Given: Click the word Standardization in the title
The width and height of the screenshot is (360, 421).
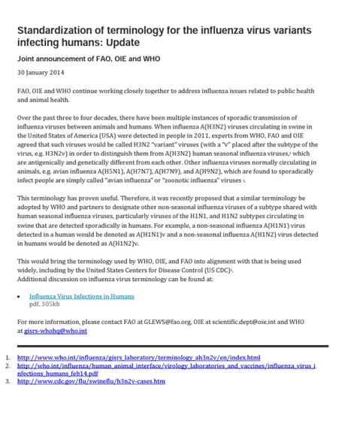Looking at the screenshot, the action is [x=56, y=30].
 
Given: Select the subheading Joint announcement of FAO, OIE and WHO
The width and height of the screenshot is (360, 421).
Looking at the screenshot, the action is [x=89, y=59].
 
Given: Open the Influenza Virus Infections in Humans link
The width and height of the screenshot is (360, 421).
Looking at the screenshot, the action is [x=81, y=296].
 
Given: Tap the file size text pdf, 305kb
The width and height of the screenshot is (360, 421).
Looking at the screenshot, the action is [x=44, y=304].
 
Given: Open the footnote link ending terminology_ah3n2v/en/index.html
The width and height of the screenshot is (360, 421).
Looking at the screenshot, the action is [x=138, y=358].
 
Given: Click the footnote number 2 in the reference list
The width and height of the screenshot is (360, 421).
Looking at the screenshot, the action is [x=8, y=366].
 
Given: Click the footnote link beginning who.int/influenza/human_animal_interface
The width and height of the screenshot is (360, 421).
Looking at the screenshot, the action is [x=165, y=366].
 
